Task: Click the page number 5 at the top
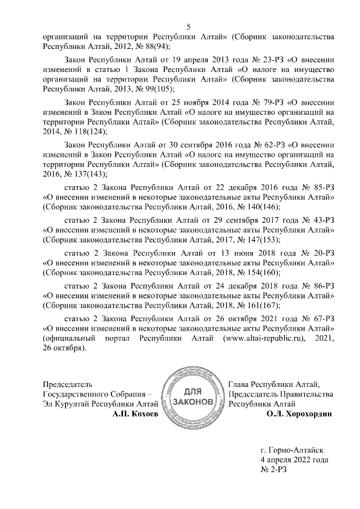click(188, 26)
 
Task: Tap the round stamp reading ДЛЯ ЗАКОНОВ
click(193, 397)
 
